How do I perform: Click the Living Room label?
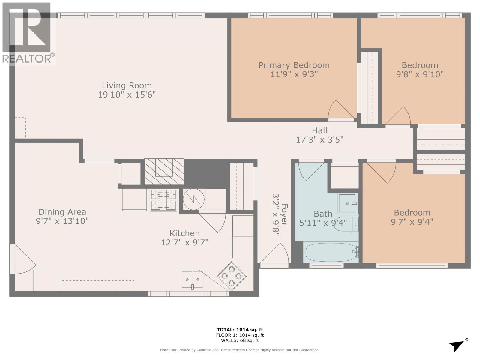[127, 85]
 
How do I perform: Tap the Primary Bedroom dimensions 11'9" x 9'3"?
[294, 74]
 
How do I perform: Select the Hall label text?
[319, 130]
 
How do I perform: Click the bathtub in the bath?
[330, 252]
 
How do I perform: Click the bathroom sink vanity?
[348, 203]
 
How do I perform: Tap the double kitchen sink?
[192, 280]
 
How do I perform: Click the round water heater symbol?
[193, 199]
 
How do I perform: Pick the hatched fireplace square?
[164, 172]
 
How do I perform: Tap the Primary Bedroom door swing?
[340, 110]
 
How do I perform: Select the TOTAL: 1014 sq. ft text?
[240, 330]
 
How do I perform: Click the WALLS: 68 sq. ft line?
[240, 340]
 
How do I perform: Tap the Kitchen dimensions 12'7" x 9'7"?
[184, 242]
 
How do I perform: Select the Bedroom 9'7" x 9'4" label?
[412, 217]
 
